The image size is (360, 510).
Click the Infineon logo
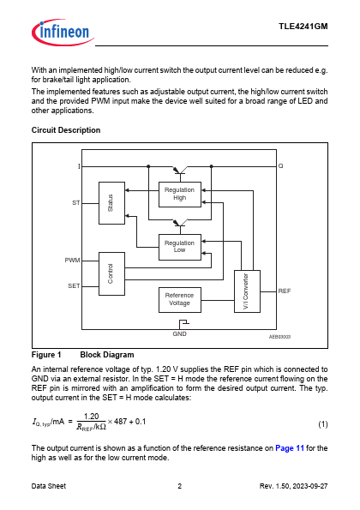pos(63,33)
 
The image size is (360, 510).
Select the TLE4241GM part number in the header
pos(303,27)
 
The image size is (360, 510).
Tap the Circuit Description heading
pos(66,130)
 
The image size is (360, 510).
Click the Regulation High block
pos(180,195)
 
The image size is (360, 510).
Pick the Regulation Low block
pos(180,247)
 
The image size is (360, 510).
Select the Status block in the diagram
pos(111,203)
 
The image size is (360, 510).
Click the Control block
pos(111,274)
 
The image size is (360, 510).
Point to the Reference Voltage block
pos(180,300)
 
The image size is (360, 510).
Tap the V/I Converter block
pos(247,291)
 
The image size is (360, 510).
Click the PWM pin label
pos(72,261)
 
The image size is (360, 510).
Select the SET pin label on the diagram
pos(74,286)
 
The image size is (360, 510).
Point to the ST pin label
pos(75,203)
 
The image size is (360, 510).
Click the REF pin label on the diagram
pos(285,291)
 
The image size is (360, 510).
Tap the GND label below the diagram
pos(179,334)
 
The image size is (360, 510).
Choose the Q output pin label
pos(280,166)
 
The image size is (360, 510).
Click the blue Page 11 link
pos(290,448)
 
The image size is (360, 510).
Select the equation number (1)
pos(323,424)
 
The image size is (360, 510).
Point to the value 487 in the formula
pos(120,422)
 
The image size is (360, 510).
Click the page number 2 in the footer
pos(179,486)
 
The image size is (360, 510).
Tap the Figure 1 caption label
pos(46,355)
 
